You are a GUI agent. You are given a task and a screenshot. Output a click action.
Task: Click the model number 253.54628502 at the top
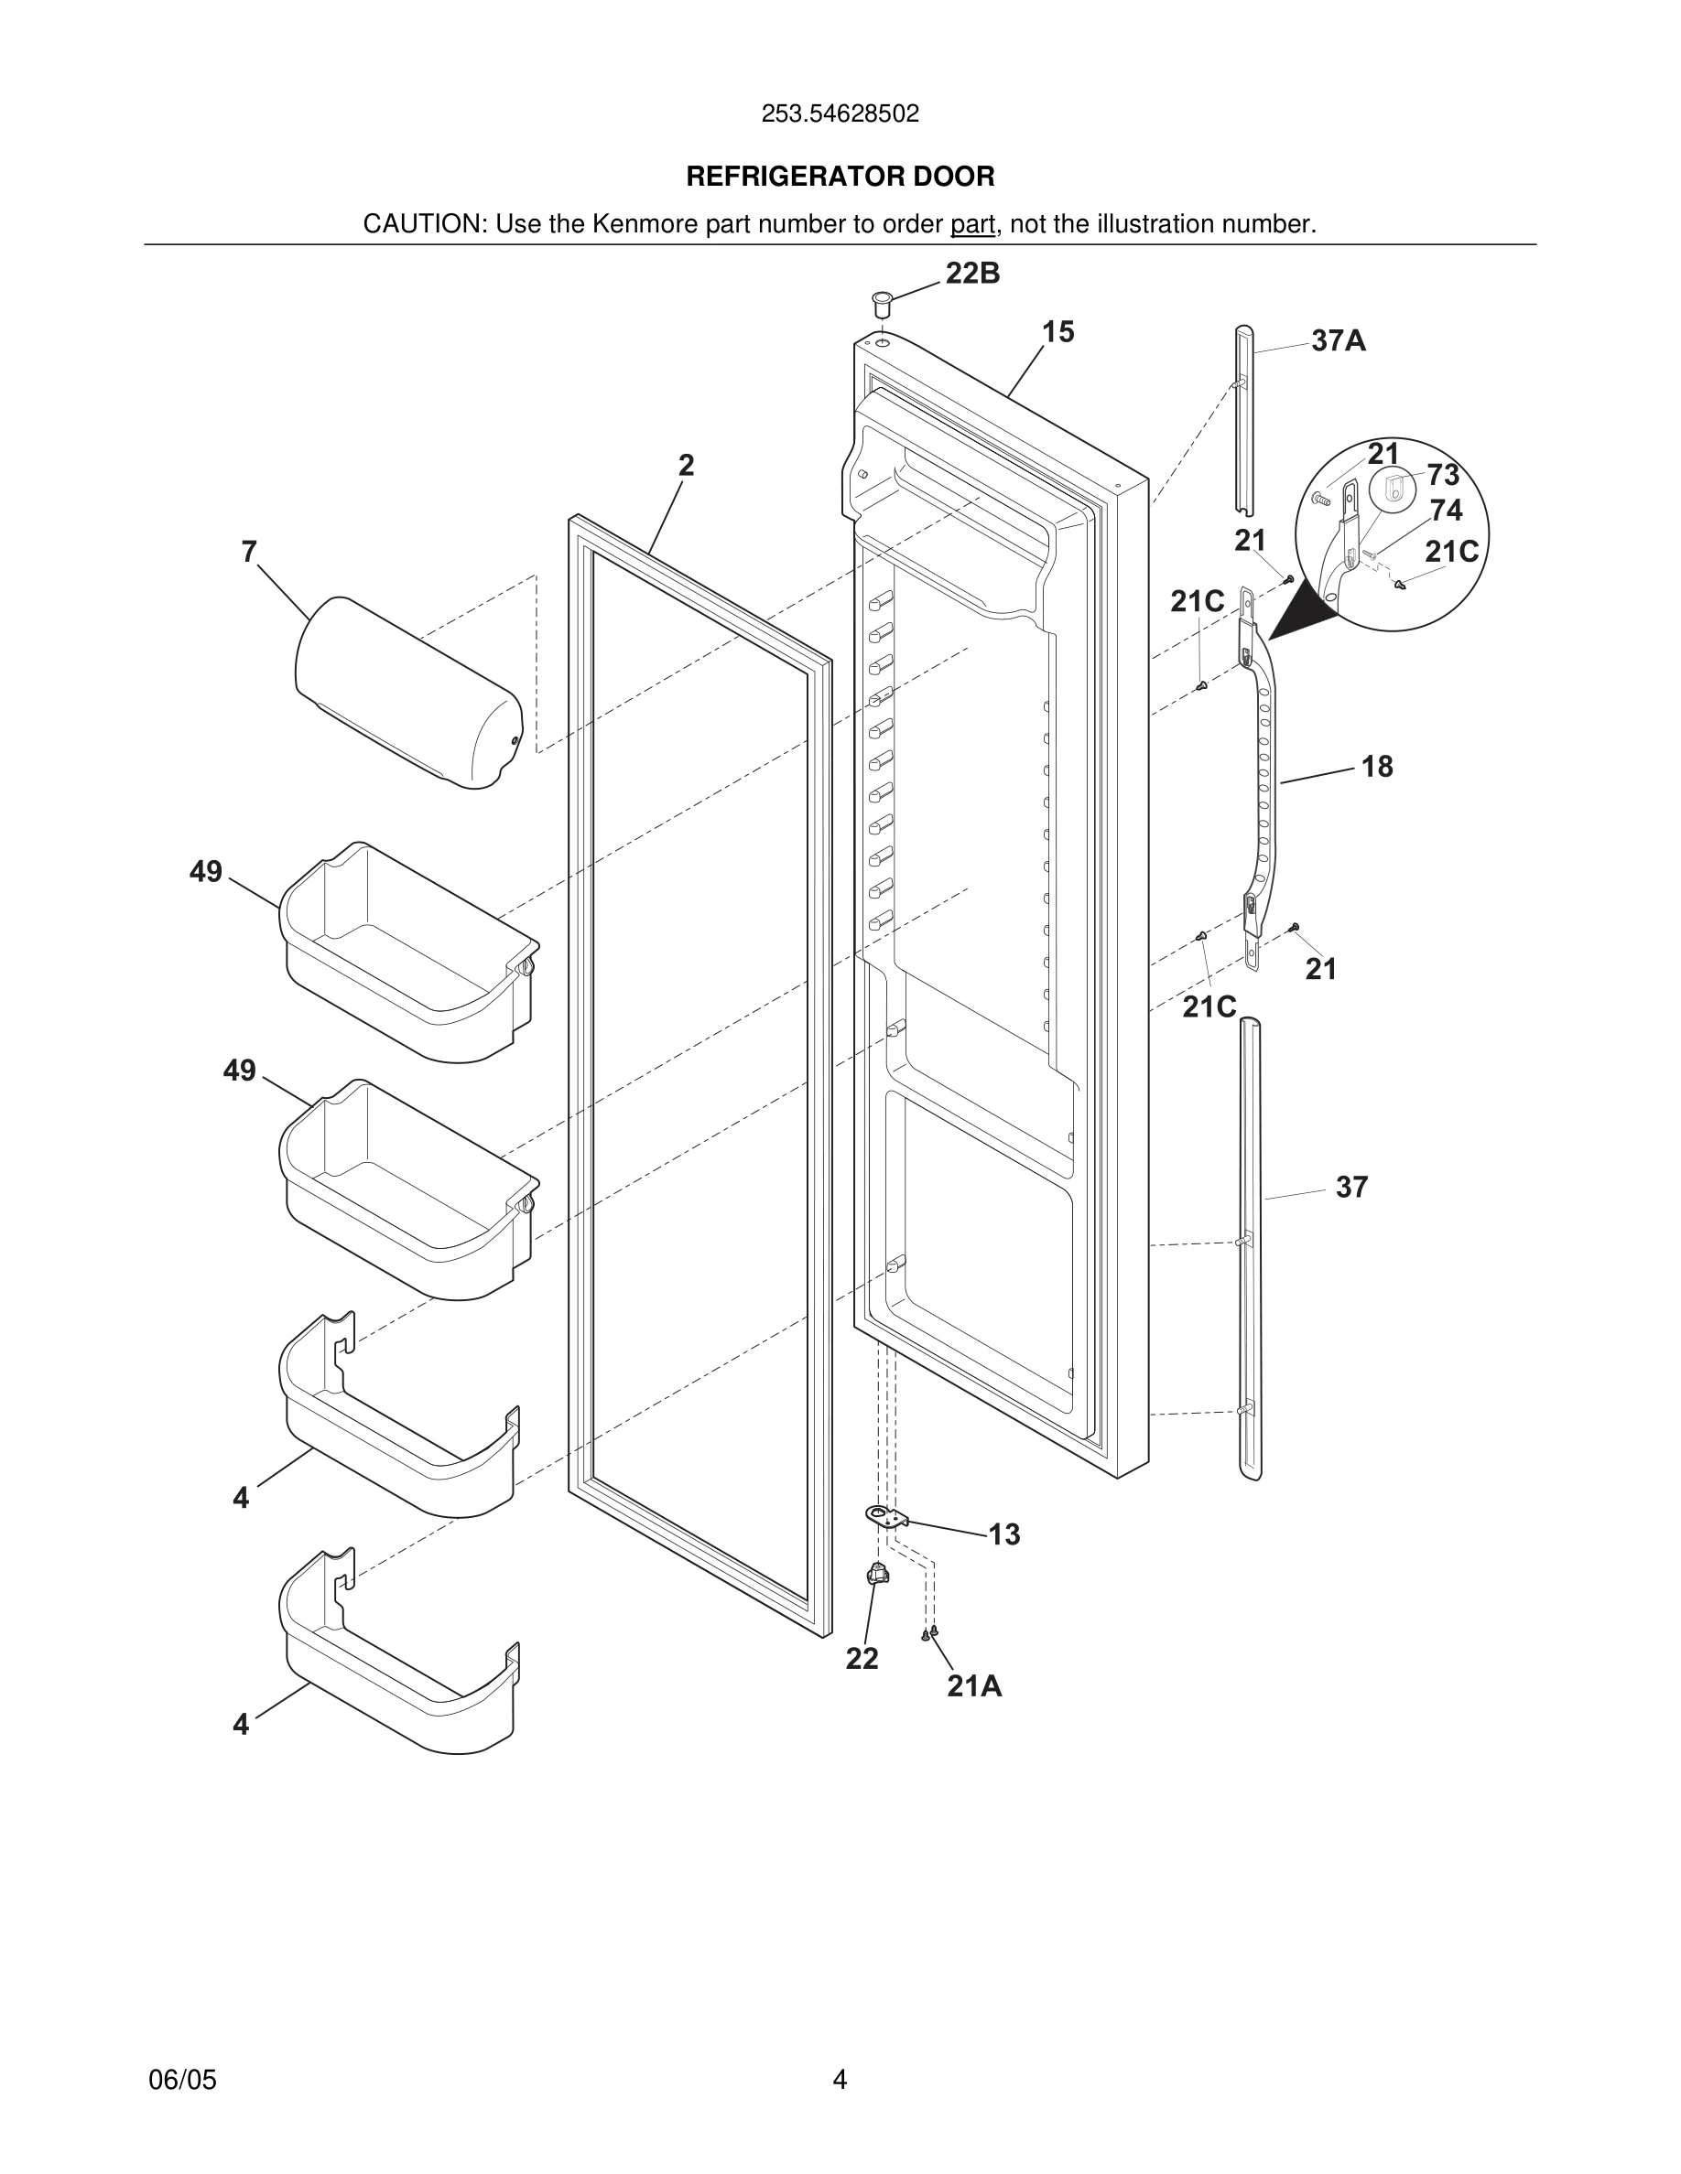840,114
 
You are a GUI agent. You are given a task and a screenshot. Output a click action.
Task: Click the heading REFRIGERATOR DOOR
840,178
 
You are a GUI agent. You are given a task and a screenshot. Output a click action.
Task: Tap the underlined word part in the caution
972,225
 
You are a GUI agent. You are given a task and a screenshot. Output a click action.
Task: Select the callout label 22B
972,274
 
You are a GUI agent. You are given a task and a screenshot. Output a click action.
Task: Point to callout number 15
1057,332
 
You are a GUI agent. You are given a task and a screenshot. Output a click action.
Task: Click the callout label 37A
1338,341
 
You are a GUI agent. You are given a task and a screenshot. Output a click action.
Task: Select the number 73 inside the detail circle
1442,475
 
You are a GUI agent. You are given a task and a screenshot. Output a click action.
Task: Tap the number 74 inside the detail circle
1446,511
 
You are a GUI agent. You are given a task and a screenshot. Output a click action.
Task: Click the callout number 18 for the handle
1376,767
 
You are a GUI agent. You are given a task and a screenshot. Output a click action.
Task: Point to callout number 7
249,552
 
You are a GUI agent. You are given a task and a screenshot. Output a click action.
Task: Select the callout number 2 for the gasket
686,465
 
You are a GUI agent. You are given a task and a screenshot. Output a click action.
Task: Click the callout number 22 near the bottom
862,1660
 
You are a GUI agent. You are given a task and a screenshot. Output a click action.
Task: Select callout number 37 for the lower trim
1351,1188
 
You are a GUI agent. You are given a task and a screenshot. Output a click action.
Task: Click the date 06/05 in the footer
182,2080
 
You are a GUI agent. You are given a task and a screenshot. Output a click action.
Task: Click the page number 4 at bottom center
840,2080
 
